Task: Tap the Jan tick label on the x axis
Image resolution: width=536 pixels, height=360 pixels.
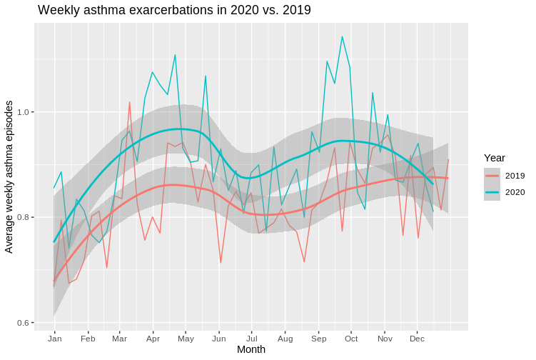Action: click(55, 337)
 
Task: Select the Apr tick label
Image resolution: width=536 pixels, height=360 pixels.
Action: click(152, 337)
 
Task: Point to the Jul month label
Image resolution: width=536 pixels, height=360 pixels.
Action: click(252, 337)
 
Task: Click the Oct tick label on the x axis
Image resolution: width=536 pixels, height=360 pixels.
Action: click(351, 337)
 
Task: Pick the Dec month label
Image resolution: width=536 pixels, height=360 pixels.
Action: click(418, 337)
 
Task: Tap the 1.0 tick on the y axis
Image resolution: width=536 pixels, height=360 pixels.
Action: click(24, 112)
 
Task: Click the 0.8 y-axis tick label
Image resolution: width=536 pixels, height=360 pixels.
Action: click(24, 217)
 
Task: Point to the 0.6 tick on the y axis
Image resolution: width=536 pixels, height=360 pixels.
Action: click(24, 323)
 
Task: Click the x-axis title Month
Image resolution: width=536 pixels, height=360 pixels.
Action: click(251, 349)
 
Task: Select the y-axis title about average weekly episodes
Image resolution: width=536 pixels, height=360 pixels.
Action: click(9, 176)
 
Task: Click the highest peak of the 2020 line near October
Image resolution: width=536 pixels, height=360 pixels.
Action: click(342, 36)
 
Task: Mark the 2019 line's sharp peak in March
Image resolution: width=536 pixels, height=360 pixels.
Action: click(129, 102)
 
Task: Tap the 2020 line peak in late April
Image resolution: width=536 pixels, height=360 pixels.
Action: click(175, 54)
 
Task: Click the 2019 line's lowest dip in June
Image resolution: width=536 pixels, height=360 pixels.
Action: click(221, 263)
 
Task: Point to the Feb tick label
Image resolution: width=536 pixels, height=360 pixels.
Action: click(89, 337)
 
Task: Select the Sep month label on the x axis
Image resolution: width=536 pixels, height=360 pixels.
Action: click(318, 337)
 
